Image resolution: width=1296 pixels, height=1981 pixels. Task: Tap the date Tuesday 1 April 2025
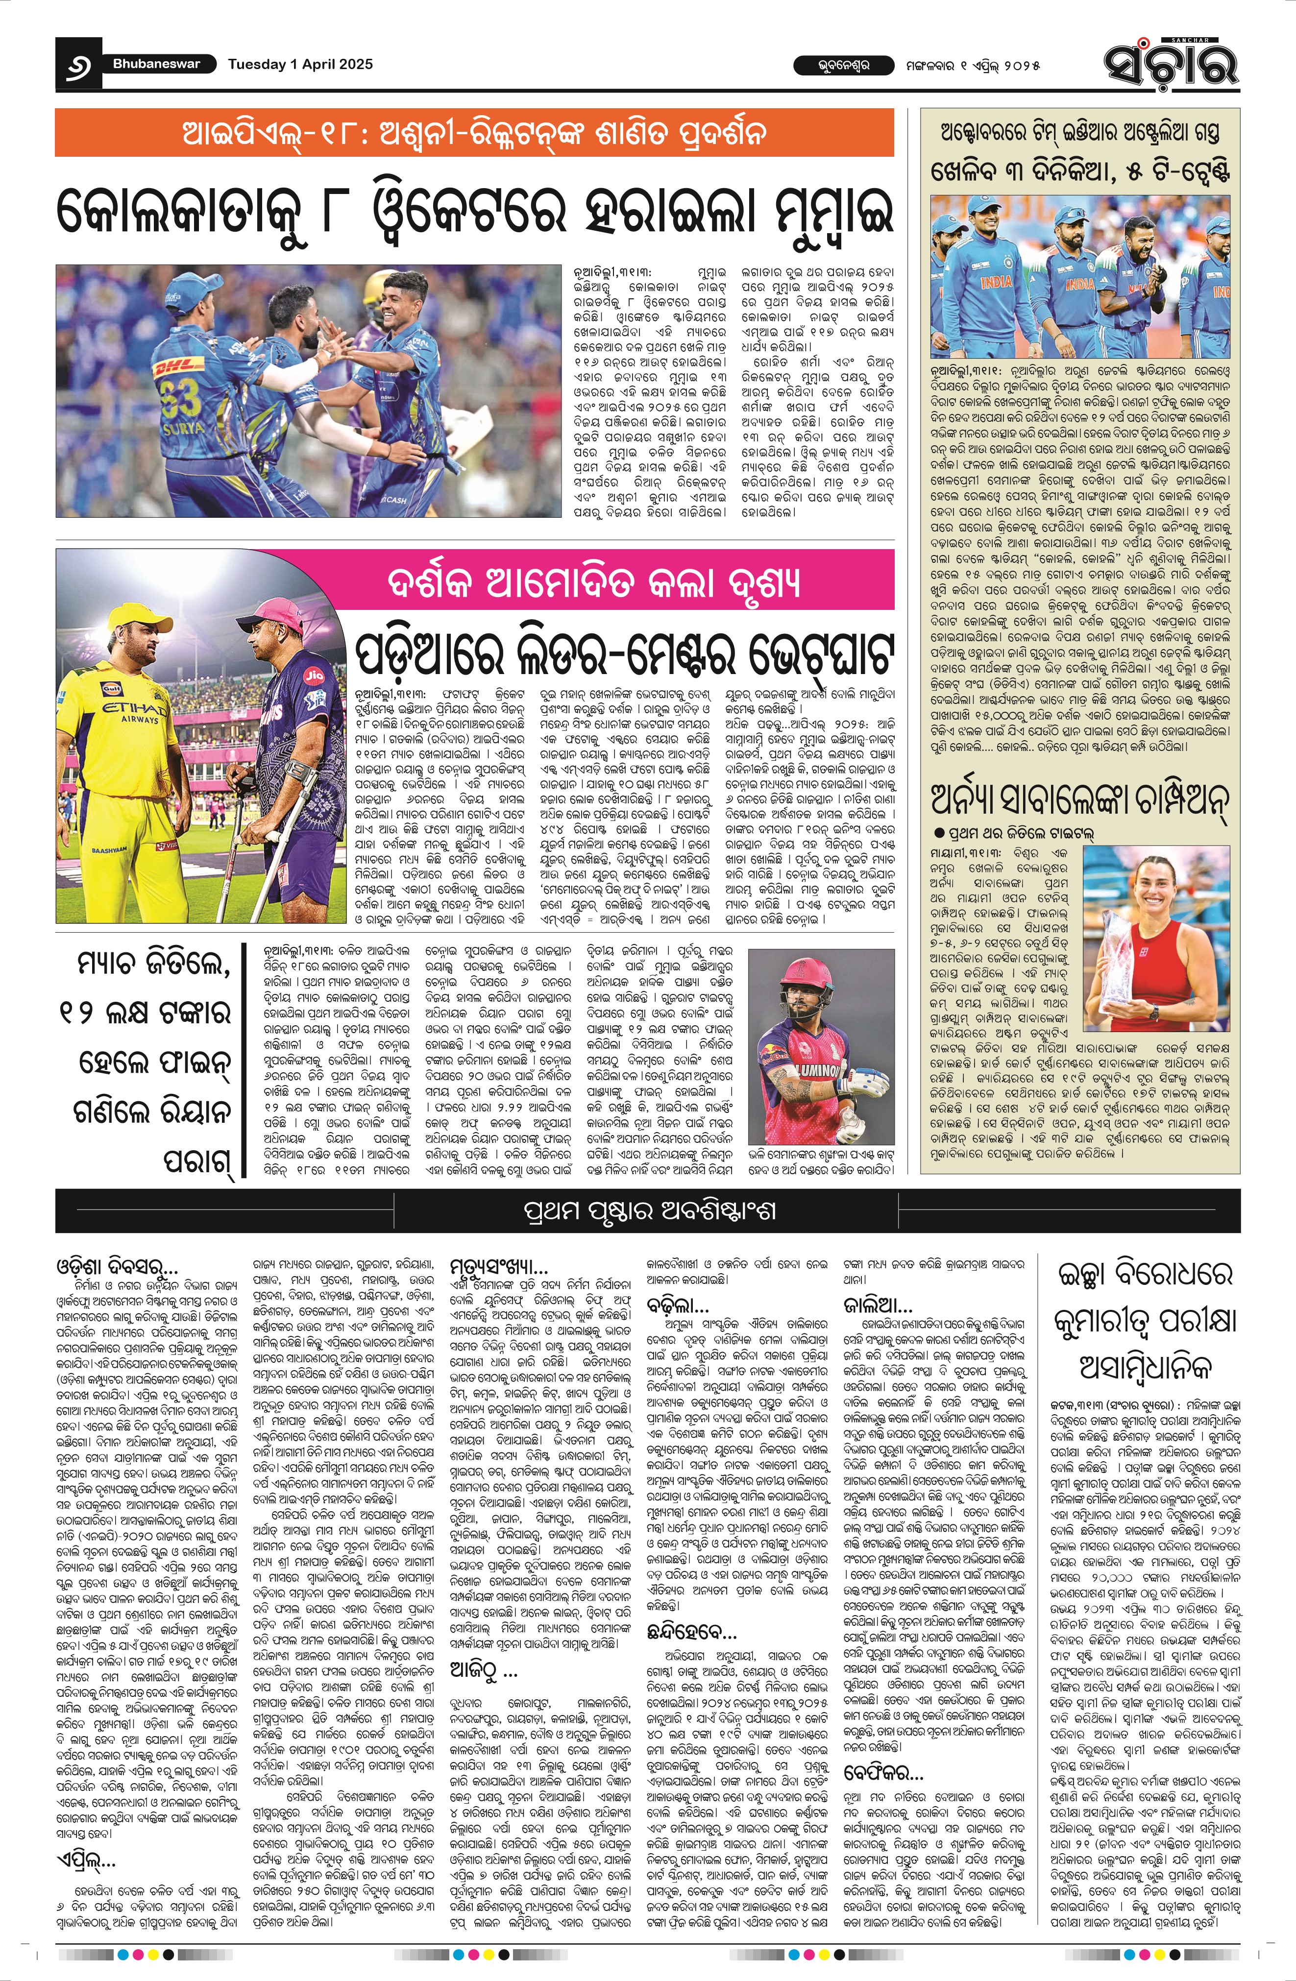300,64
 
